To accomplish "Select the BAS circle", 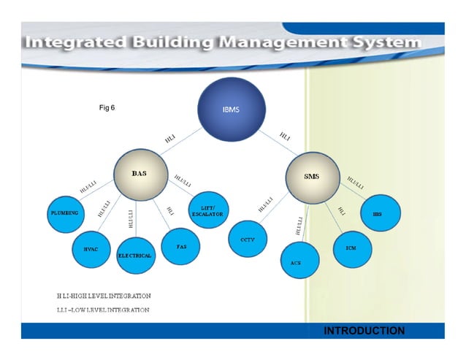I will click(139, 175).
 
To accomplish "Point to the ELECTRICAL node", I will click(135, 255).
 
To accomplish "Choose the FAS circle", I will click(182, 247).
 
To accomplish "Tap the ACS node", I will click(296, 261).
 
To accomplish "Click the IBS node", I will click(378, 214).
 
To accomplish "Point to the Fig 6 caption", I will click(107, 108).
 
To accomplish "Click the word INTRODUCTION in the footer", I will click(364, 331).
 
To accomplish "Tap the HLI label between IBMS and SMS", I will click(286, 136).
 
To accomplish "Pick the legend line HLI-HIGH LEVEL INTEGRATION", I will click(104, 296).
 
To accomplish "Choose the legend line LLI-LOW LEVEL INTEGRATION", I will click(103, 310).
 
